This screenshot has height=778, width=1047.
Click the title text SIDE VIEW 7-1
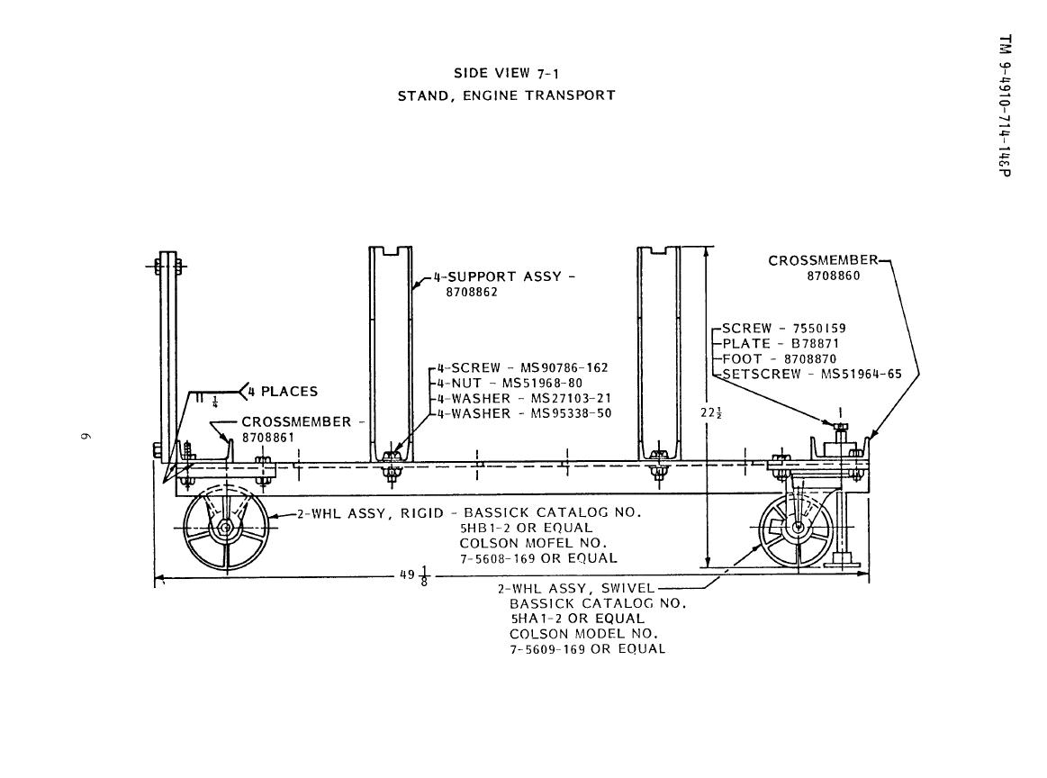(x=506, y=74)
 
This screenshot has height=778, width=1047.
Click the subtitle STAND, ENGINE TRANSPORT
(x=506, y=95)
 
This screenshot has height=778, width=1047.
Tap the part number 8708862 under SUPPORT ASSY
(x=472, y=292)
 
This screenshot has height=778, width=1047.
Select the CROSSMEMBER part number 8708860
(x=834, y=276)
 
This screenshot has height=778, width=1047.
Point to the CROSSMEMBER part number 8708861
(x=267, y=438)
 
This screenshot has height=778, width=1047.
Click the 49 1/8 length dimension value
(x=415, y=574)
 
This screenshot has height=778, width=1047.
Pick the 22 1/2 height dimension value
(x=711, y=413)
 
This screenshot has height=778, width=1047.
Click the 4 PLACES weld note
(x=283, y=392)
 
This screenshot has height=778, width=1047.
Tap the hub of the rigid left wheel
(x=225, y=528)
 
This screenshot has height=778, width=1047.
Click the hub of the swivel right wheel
(x=797, y=527)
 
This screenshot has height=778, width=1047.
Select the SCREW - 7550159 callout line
(x=784, y=328)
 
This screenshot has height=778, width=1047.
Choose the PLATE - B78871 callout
(x=780, y=343)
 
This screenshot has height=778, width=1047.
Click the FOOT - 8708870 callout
(x=780, y=358)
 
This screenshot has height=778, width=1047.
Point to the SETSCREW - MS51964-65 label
(x=812, y=374)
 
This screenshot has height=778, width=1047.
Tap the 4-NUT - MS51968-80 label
(x=510, y=383)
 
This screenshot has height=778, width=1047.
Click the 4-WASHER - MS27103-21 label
(x=524, y=398)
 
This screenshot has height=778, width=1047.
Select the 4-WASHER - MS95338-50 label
(x=524, y=413)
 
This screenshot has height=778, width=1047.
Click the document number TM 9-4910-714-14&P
(x=1006, y=105)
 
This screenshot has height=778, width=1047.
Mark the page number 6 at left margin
(x=85, y=437)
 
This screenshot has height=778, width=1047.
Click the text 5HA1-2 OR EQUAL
(x=578, y=619)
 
